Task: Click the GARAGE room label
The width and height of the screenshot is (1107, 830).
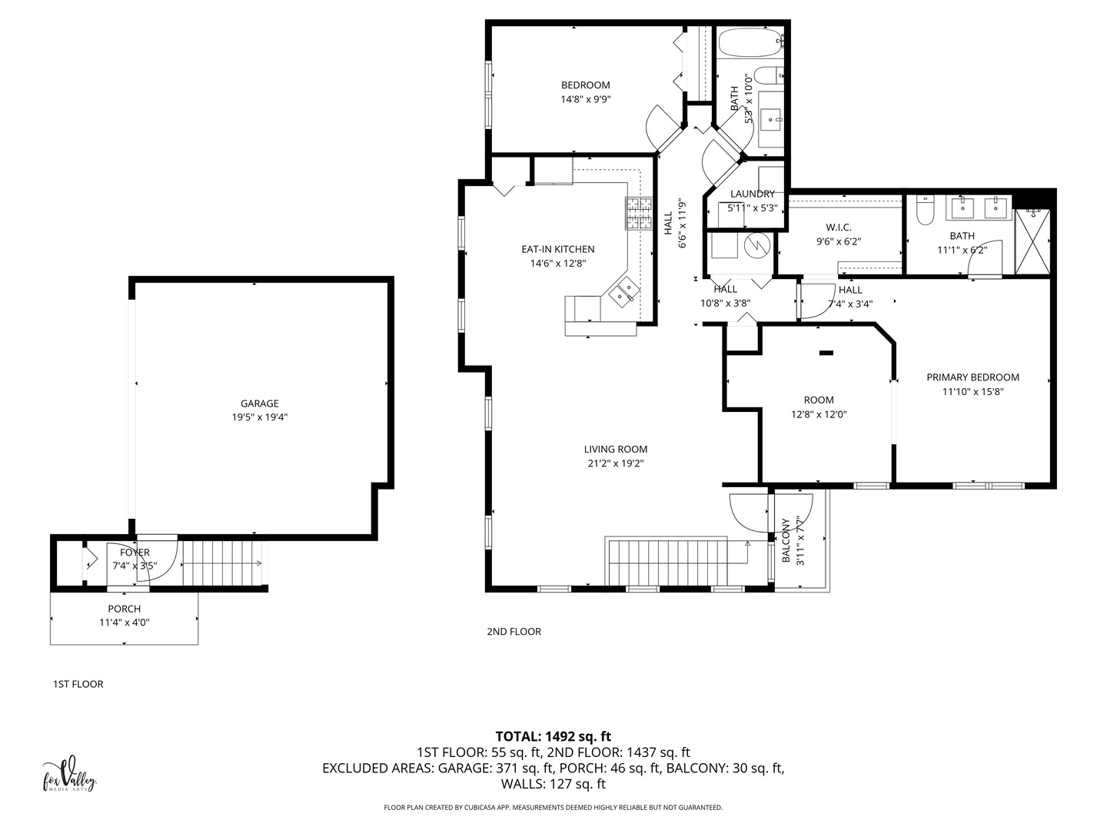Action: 259,403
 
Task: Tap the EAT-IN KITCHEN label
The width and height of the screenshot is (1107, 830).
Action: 558,249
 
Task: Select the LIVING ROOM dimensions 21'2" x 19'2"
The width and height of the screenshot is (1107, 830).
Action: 616,463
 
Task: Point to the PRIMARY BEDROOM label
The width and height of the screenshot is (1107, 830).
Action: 972,377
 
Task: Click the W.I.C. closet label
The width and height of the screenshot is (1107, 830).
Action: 839,227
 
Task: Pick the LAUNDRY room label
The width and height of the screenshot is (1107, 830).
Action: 753,194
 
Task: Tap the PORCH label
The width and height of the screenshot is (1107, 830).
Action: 124,609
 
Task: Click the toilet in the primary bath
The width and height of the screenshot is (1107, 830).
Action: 926,210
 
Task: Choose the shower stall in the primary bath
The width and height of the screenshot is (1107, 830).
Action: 1032,242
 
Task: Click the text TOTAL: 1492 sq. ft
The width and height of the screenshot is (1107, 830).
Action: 553,736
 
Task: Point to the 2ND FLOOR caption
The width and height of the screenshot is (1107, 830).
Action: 514,632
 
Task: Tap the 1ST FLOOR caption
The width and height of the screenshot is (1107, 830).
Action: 78,684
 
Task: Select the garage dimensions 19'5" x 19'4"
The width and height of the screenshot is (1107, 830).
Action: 259,417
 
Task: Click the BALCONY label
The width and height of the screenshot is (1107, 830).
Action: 786,540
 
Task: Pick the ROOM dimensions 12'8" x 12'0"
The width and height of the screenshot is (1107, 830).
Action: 819,415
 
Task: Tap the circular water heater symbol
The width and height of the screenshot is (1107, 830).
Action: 758,245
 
